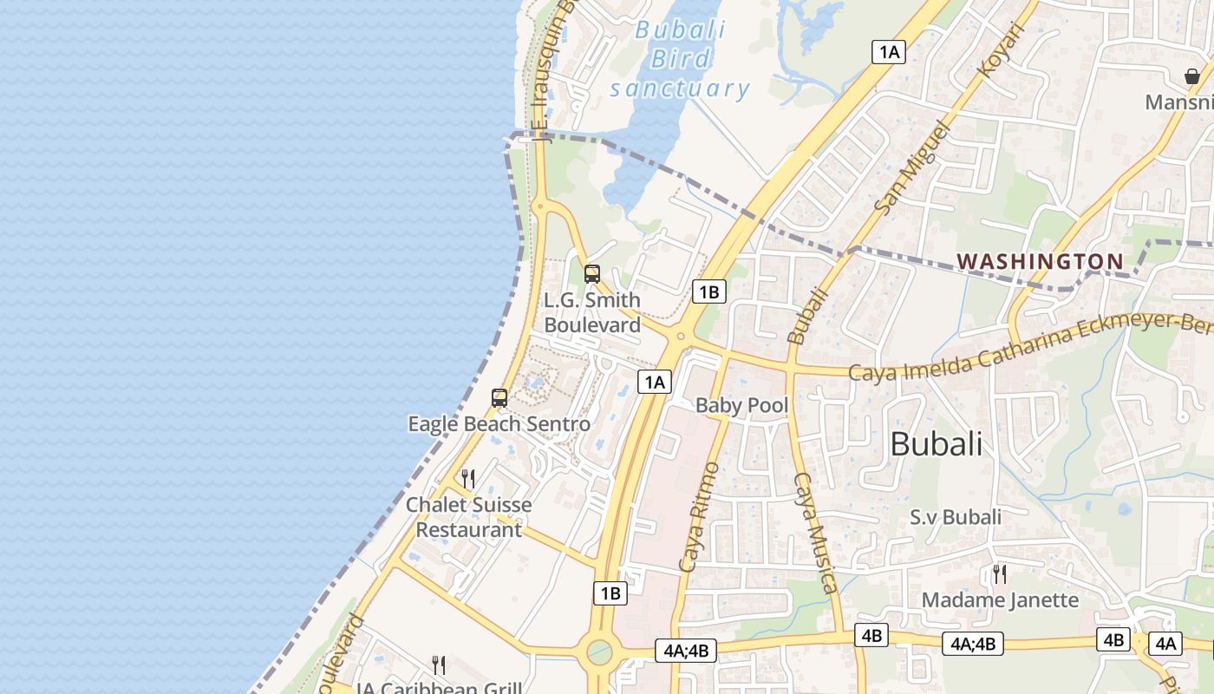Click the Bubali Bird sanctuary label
(680, 59)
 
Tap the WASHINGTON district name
(1040, 261)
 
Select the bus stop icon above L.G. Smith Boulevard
(592, 274)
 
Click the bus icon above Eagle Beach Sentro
(499, 398)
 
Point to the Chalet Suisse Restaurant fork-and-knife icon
(468, 479)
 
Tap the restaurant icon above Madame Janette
(1000, 573)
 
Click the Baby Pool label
(742, 405)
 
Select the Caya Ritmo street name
(700, 517)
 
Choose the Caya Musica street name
(816, 533)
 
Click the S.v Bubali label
(956, 517)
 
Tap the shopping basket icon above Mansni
(1192, 76)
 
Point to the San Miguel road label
(913, 167)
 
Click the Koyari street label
(1002, 49)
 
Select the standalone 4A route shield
(1165, 643)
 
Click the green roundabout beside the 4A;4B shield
(599, 651)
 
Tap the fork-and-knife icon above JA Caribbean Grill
(440, 665)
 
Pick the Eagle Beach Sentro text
(499, 424)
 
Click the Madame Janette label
(1000, 599)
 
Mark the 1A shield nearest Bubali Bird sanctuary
(889, 52)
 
